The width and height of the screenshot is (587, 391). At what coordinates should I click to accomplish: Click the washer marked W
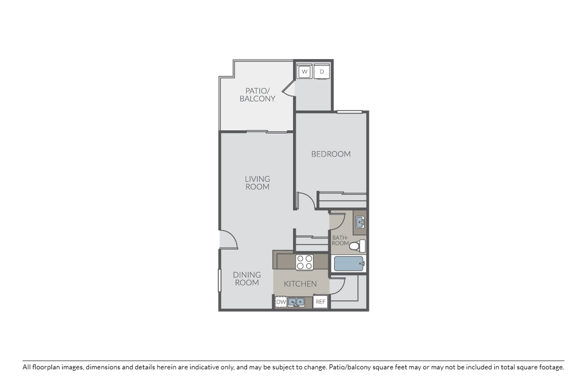click(304, 72)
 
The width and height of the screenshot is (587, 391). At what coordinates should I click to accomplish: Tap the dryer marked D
click(322, 72)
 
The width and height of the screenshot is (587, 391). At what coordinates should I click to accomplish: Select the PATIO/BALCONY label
click(257, 95)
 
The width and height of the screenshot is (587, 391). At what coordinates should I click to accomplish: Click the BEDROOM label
click(331, 154)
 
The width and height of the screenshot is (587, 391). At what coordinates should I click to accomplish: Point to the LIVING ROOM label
click(258, 182)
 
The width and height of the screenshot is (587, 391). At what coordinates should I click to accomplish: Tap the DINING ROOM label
click(247, 278)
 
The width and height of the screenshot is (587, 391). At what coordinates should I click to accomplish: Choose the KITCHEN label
click(300, 284)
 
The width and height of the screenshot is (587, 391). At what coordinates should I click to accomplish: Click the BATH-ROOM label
click(340, 240)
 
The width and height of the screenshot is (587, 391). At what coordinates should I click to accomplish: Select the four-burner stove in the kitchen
click(304, 262)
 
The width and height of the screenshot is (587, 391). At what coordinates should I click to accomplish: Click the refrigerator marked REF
click(320, 301)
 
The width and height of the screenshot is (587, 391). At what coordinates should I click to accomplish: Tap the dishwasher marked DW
click(281, 301)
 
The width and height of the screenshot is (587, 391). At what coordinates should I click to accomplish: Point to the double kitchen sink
click(296, 302)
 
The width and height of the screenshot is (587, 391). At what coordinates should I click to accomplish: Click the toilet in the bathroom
click(357, 245)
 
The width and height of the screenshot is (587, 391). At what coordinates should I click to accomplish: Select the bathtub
click(349, 263)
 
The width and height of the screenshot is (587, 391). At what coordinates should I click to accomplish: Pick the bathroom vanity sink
click(359, 222)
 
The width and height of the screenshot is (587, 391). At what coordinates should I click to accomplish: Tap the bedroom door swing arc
click(307, 200)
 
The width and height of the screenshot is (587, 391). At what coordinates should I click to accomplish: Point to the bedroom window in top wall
click(349, 112)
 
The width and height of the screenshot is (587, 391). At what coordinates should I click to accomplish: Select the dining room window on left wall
click(220, 280)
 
